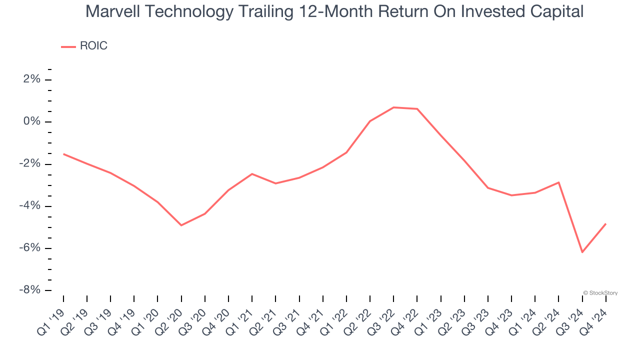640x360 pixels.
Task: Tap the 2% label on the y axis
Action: [x=31, y=80]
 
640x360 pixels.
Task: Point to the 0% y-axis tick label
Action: [x=31, y=122]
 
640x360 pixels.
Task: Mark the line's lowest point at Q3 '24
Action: [x=582, y=252]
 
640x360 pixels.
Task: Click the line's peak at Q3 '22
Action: [x=393, y=107]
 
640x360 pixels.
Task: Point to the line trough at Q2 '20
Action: [x=181, y=225]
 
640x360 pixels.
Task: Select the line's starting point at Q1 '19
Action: [x=63, y=154]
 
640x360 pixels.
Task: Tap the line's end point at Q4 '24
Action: [x=605, y=224]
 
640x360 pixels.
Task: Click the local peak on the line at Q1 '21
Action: [x=252, y=174]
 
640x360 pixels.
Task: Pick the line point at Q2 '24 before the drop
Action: [x=558, y=182]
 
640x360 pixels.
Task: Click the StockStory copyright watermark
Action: [x=600, y=293]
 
